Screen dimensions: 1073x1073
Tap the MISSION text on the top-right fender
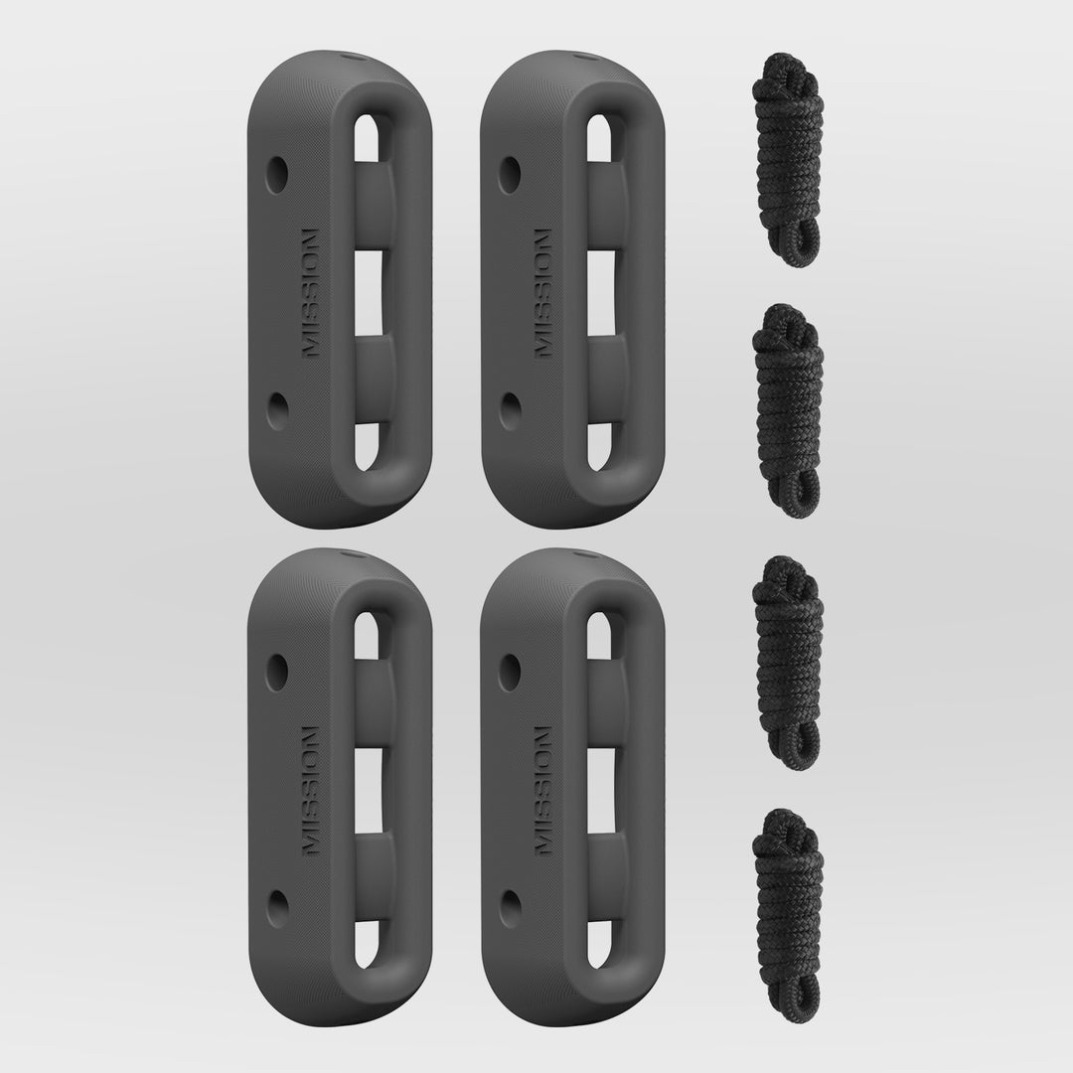click(542, 294)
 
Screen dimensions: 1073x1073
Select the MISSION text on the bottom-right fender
click(542, 791)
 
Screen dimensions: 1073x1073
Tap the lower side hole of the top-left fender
click(276, 410)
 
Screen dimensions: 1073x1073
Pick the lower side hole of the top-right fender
click(510, 410)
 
